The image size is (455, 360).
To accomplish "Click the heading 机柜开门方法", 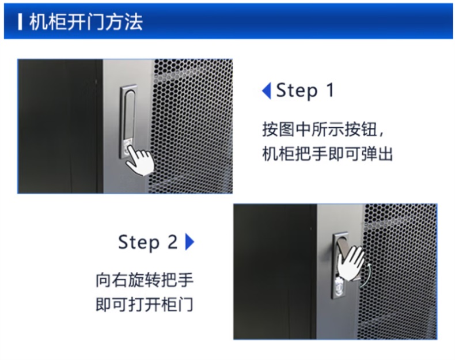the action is (x=86, y=22).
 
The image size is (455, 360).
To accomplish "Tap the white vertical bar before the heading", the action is (x=20, y=22).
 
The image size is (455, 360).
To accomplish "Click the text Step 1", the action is (x=305, y=90).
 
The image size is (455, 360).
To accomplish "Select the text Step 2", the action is (x=147, y=242).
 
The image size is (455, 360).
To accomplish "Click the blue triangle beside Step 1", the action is (x=267, y=90).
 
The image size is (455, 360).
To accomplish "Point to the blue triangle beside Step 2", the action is (x=190, y=242).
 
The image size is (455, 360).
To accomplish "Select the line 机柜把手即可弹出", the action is (x=327, y=153).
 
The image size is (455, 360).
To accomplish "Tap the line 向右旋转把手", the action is (x=145, y=280).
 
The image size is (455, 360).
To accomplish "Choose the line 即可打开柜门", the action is (x=145, y=304).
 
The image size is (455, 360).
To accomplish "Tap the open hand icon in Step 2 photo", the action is (x=351, y=263).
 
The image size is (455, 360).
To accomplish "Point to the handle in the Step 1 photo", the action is (x=128, y=122).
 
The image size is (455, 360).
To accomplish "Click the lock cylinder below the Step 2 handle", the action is (x=338, y=287).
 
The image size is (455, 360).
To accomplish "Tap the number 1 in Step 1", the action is (x=330, y=90).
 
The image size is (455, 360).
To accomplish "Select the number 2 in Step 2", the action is (x=172, y=242).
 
